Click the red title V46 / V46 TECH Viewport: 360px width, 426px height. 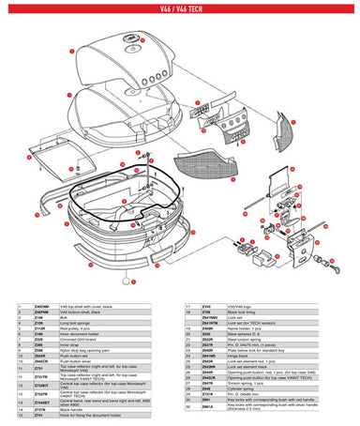point(179,8)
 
